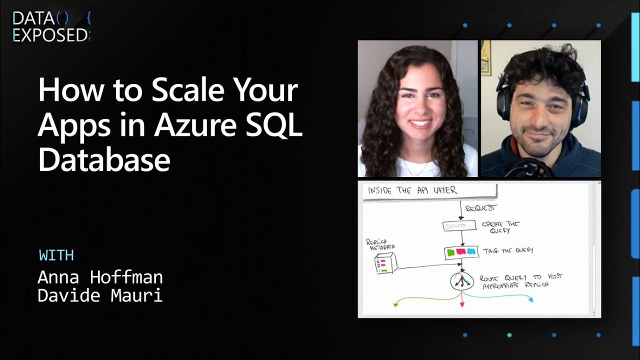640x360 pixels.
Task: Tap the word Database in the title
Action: (x=104, y=160)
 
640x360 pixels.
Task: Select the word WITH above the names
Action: (x=56, y=255)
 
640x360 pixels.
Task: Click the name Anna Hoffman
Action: (x=100, y=276)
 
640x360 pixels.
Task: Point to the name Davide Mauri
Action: (x=100, y=295)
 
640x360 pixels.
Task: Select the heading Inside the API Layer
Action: (x=412, y=190)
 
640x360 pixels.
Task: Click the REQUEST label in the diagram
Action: (x=480, y=208)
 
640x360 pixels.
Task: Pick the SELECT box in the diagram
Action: (x=459, y=226)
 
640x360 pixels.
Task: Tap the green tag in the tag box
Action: (x=451, y=252)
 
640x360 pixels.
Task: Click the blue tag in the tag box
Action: (x=471, y=252)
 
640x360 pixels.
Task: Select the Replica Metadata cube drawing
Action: (x=385, y=263)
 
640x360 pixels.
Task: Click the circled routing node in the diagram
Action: (x=461, y=282)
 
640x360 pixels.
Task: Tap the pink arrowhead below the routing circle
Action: (x=462, y=304)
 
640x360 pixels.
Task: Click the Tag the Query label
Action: (x=507, y=250)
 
